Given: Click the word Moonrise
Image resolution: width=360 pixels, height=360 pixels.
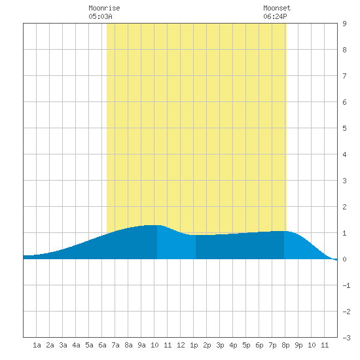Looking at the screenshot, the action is [104, 8].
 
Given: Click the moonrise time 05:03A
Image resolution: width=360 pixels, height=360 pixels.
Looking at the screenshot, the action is [100, 16].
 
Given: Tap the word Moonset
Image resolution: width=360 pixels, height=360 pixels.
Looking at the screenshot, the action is [277, 8].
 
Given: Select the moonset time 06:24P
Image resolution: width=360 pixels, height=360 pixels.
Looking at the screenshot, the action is [275, 16].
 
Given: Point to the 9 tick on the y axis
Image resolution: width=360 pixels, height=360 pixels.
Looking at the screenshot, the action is [344, 24].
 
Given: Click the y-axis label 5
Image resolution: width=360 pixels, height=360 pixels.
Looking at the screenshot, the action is [344, 128].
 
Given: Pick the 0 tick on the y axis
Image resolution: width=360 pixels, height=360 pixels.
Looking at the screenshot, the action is [344, 259].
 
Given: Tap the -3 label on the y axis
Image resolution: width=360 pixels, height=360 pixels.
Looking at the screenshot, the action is [346, 338].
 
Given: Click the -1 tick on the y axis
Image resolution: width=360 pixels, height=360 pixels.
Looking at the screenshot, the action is [346, 285].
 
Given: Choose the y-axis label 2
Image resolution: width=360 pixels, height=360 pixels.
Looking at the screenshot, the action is [344, 207].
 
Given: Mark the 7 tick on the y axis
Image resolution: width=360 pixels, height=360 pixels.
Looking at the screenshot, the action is [344, 76].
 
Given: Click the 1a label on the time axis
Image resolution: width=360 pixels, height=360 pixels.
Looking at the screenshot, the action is [37, 345].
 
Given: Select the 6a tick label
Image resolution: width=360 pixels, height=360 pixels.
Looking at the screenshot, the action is [102, 345].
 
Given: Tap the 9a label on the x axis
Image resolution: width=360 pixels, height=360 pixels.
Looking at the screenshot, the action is [141, 345].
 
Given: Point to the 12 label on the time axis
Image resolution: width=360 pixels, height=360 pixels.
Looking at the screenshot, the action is [181, 345].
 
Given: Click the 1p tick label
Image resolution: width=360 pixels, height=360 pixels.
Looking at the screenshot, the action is [194, 345].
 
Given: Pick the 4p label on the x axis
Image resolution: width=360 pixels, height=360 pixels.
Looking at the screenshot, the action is [233, 345].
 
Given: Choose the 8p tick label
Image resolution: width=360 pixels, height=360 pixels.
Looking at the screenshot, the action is [285, 345].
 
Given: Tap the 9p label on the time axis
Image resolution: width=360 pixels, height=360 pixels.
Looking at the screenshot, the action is [298, 345].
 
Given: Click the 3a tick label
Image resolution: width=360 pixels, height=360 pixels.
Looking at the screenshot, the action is [63, 345].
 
